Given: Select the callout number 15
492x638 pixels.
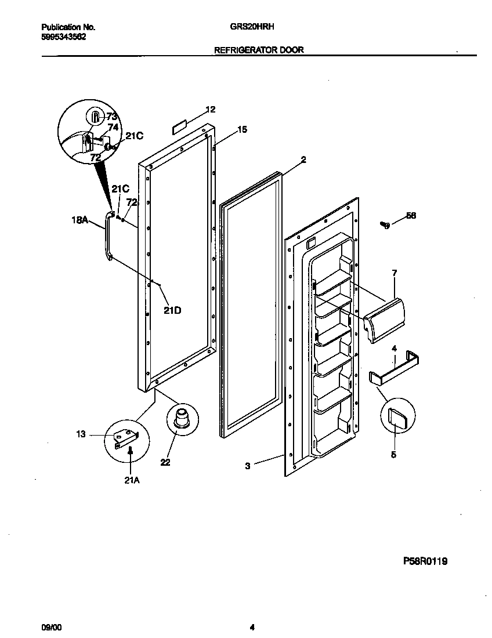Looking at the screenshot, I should point(242,130).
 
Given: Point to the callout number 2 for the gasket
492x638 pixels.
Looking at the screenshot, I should point(303,159).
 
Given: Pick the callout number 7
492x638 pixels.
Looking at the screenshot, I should point(395,272).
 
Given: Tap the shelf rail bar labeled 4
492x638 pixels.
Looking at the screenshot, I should point(395,369).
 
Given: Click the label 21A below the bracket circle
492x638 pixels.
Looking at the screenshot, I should point(131,480).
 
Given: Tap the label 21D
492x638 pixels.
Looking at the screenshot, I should point(172,310).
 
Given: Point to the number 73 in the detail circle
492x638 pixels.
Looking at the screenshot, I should point(111,117).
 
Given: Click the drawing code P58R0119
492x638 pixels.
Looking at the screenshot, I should point(425,561).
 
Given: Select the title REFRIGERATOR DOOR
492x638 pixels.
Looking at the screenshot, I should point(259,50).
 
